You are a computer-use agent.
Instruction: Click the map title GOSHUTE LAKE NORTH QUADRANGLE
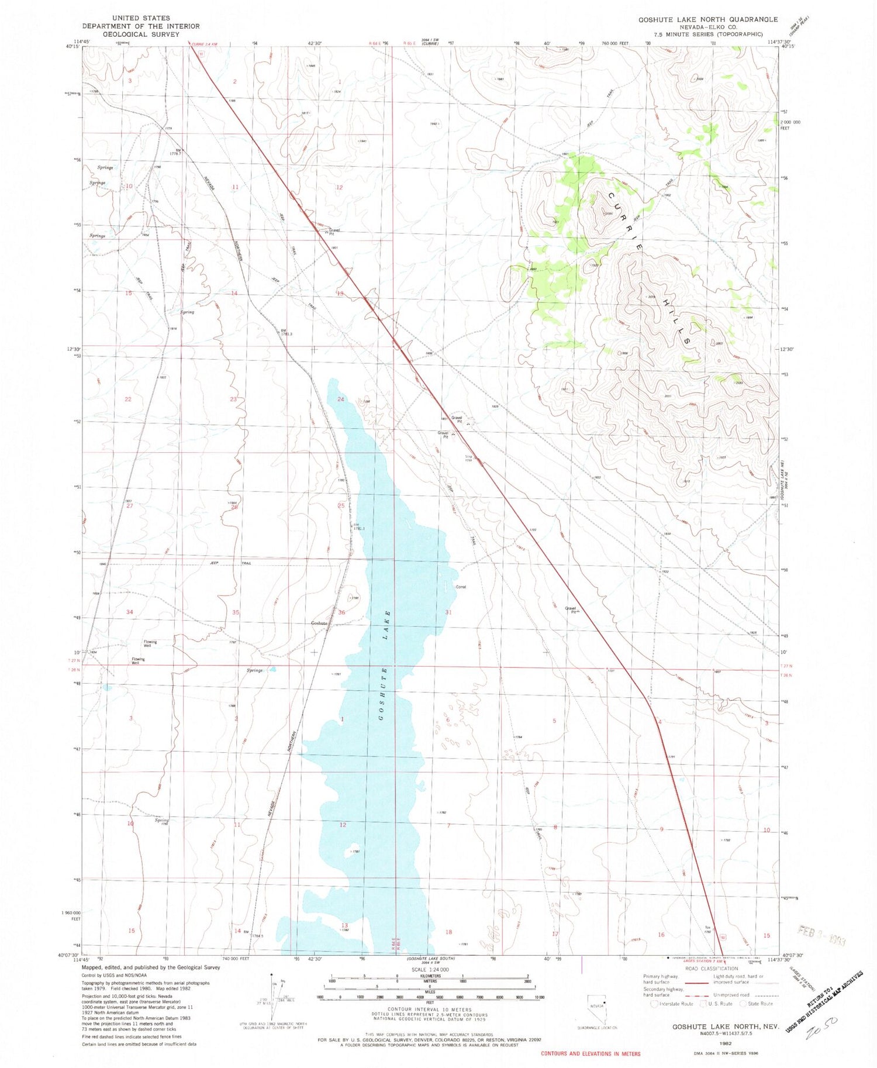(x=707, y=19)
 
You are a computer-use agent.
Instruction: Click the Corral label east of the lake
(x=461, y=587)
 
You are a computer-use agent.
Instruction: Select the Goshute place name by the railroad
(x=319, y=623)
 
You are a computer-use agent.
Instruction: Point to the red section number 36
(x=341, y=612)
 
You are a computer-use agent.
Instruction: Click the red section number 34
(x=130, y=612)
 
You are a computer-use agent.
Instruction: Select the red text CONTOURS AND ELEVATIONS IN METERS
(x=591, y=1053)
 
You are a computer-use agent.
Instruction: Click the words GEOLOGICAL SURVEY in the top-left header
(x=141, y=35)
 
